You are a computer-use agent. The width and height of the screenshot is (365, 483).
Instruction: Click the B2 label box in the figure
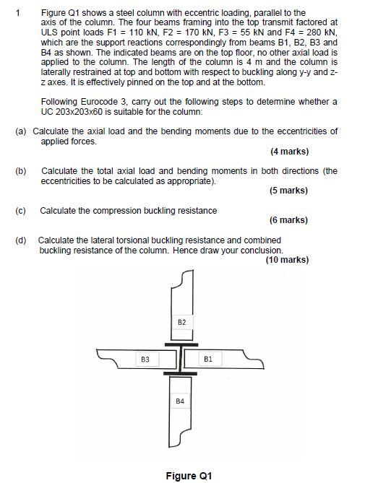pos(181,321)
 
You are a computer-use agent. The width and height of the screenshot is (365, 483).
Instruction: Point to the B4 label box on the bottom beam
pos(181,400)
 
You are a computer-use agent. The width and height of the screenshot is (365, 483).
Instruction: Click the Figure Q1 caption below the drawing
pos(189,476)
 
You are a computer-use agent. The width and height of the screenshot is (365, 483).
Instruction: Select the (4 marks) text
pos(289,152)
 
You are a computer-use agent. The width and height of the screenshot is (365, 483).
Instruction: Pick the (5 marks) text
pos(289,191)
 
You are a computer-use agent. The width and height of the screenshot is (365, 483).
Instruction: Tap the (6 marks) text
pos(289,220)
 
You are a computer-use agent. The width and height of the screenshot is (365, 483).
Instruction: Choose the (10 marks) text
pos(287,260)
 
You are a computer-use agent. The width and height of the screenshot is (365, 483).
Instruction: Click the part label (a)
pos(21,131)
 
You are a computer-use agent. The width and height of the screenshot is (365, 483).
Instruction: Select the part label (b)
pos(20,171)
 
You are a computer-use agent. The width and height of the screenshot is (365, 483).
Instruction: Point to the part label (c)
pos(20,210)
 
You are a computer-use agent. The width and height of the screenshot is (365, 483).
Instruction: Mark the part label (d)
pos(20,240)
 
